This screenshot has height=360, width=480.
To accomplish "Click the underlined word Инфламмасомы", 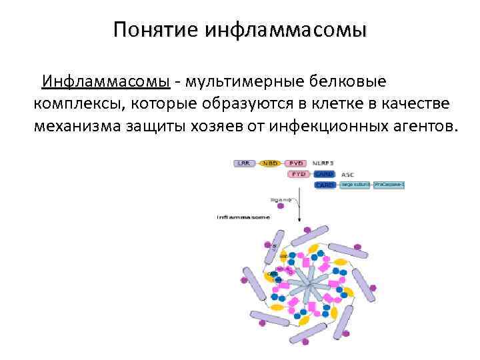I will pos(106,82).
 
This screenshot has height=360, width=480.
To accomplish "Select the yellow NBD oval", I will pos(270,163).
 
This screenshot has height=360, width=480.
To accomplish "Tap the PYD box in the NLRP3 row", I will pos(297,163).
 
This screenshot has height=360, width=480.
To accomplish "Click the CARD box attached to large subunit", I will pos(325,185).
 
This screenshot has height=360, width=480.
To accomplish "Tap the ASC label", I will pos(347,174).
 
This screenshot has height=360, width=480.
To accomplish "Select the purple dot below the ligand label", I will pos(281,207).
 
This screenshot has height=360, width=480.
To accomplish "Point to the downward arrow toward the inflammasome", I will pos(299,207).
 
